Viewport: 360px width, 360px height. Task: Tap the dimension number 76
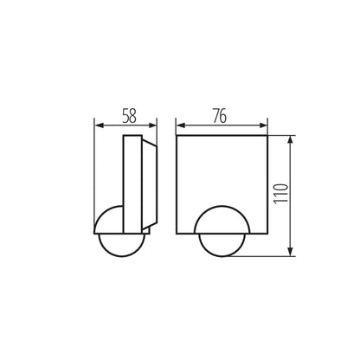(x=222, y=114)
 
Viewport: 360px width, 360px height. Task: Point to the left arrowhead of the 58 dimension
(x=96, y=125)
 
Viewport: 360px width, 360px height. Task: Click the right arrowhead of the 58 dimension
(x=157, y=125)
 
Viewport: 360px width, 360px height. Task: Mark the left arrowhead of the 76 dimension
(x=178, y=125)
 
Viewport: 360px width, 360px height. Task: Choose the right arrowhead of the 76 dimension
(x=265, y=125)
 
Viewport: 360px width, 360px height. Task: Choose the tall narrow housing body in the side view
(x=134, y=182)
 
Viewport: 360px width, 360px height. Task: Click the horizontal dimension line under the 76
(x=222, y=125)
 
